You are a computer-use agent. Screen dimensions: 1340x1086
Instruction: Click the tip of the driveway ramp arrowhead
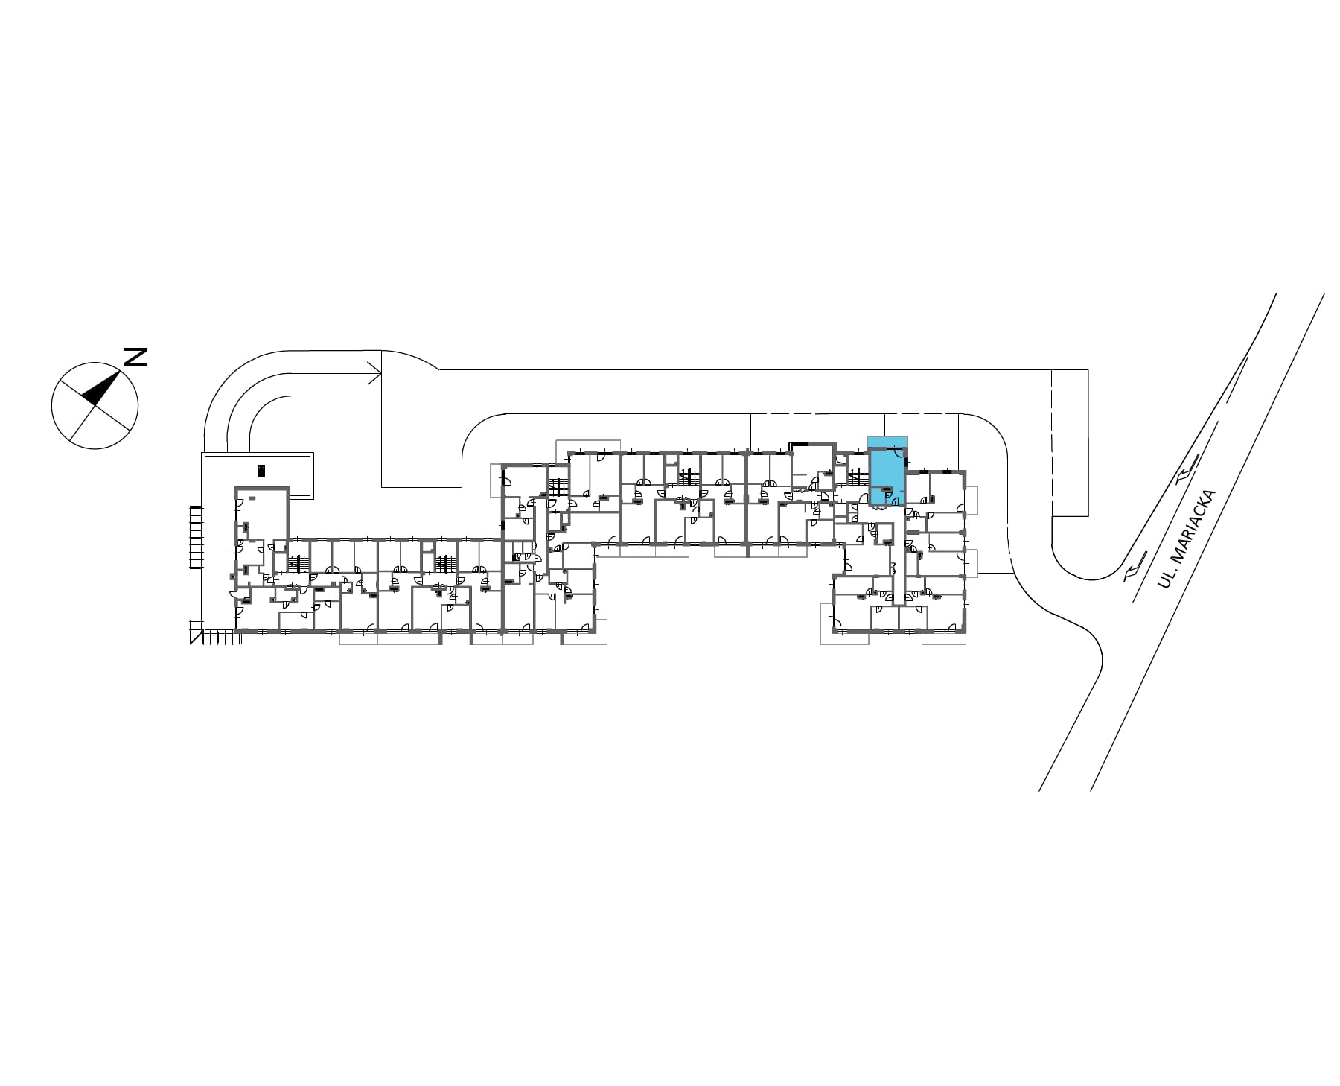(382, 374)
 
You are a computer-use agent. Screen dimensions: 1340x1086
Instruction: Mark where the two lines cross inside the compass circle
(95, 406)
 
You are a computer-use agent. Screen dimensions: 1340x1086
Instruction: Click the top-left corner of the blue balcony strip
(868, 436)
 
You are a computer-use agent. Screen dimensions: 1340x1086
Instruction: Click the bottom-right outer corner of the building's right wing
(966, 632)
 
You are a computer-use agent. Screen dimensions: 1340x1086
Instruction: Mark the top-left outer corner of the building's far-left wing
(235, 488)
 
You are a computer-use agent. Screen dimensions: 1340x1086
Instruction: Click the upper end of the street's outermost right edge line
(1324, 293)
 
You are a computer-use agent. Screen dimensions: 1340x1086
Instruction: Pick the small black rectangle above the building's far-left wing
(261, 471)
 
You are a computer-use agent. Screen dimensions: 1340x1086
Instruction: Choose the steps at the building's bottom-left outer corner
(216, 638)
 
